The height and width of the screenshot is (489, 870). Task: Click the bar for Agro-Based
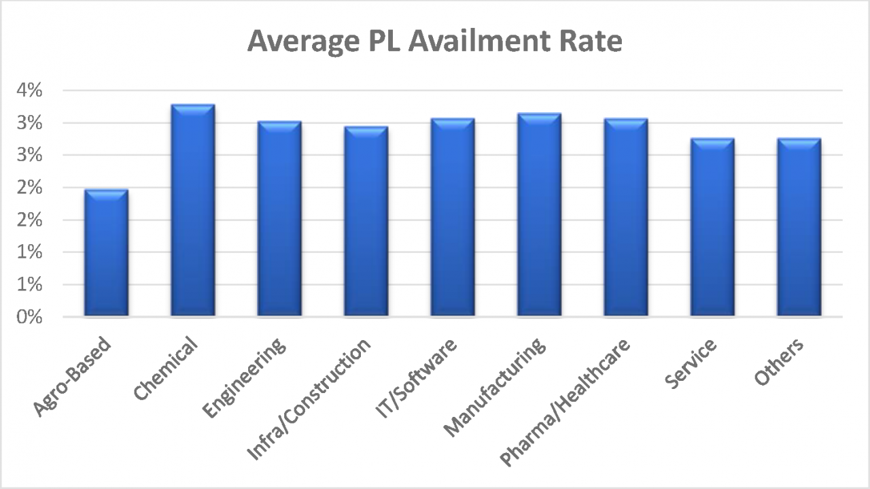[105, 253]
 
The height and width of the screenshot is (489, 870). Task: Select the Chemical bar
[192, 211]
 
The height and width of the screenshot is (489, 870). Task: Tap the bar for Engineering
[279, 219]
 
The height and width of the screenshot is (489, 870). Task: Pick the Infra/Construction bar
[366, 222]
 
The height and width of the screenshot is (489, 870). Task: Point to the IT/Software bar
[452, 218]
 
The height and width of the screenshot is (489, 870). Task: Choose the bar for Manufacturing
[539, 215]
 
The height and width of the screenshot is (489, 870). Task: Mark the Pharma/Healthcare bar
[625, 218]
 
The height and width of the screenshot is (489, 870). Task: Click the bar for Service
[712, 228]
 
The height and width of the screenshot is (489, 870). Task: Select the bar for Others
[799, 228]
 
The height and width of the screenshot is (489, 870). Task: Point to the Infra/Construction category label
[310, 399]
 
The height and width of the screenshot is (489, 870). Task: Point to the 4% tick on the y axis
[30, 90]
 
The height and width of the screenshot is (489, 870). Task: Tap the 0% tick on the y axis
[30, 317]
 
